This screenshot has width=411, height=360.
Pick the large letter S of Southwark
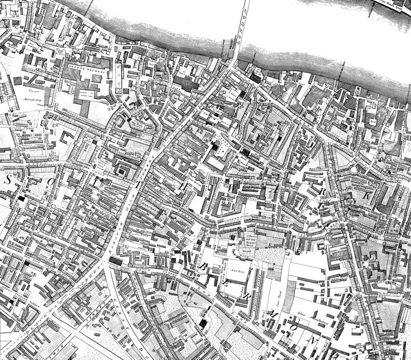(8, 179)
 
